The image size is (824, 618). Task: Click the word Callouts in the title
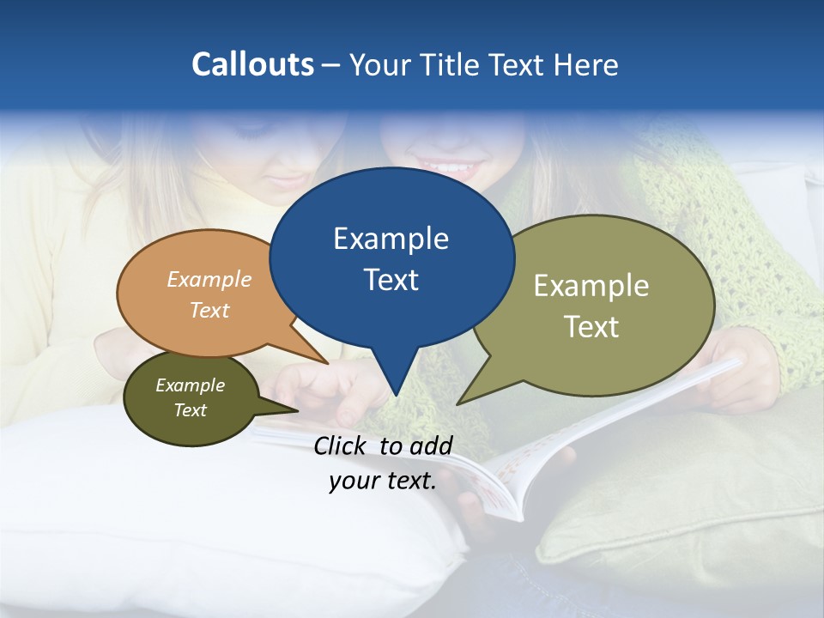252,64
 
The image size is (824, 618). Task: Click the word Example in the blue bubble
391,239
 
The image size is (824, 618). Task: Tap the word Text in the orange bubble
209,310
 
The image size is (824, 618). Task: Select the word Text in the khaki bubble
591,327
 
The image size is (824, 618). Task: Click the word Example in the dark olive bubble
190,385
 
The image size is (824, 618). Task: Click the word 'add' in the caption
430,445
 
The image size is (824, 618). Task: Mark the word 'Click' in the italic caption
341,445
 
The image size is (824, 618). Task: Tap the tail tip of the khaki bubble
458,403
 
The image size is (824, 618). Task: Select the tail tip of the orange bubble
328,363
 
